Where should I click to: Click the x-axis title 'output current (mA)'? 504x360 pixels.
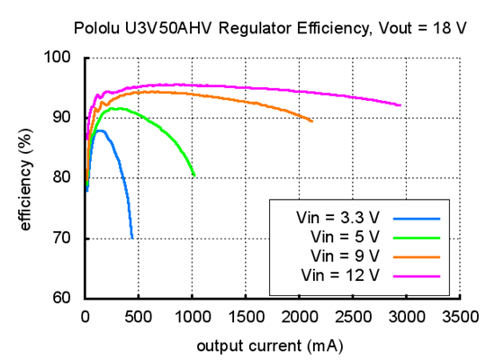[x=270, y=346]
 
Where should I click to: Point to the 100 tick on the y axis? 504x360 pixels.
[x=66, y=58]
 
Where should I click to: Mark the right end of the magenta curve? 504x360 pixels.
[x=400, y=105]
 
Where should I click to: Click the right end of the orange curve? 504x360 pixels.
[x=311, y=121]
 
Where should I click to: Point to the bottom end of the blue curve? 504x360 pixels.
[x=132, y=238]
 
